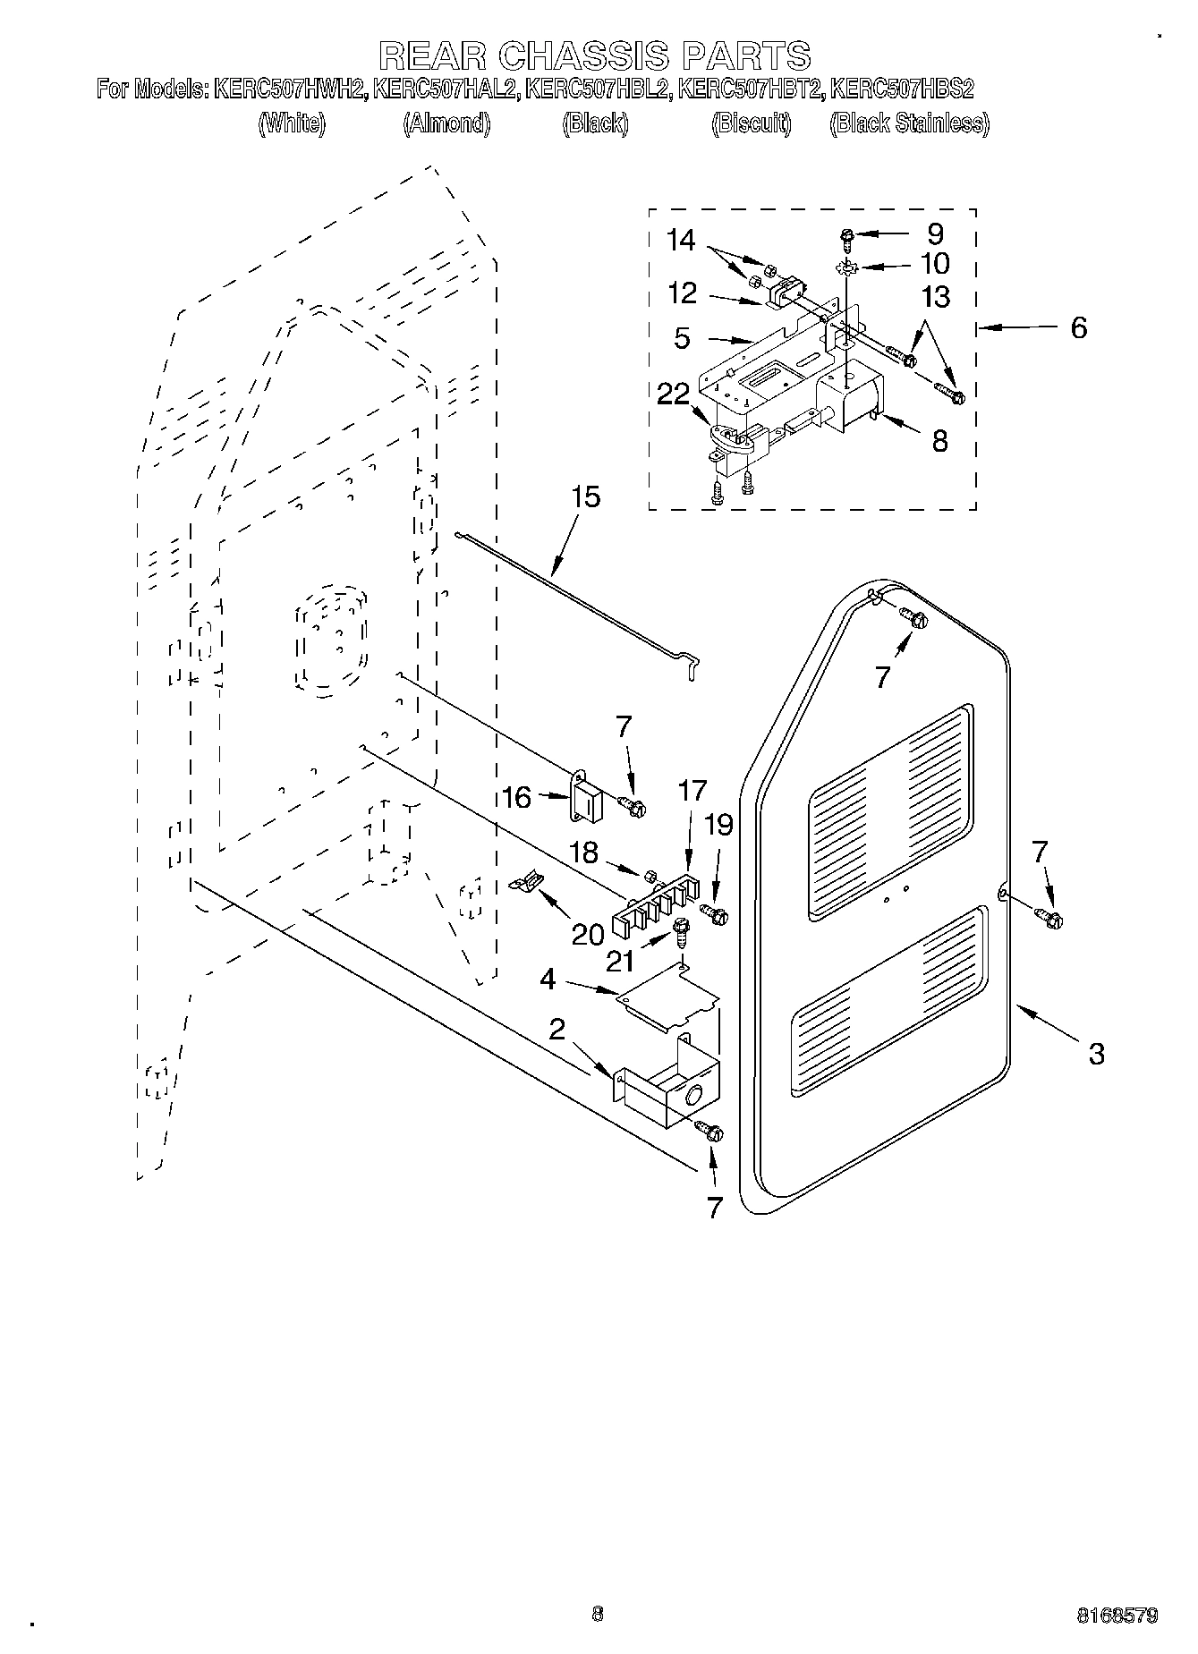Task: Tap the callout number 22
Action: tap(673, 395)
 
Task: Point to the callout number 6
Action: tap(1078, 328)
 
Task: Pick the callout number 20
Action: tap(587, 934)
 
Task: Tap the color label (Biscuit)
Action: tap(752, 123)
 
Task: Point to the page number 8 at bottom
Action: tap(598, 1614)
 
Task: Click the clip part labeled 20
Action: tap(527, 883)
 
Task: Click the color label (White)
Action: tap(292, 123)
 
